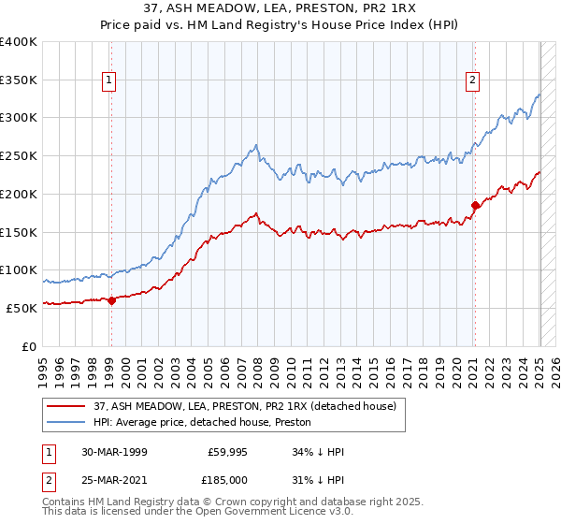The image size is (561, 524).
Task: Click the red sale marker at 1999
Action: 111,300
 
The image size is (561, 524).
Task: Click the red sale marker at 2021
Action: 475,205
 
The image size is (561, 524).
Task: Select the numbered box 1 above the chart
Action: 110,81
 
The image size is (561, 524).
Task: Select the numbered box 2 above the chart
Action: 474,81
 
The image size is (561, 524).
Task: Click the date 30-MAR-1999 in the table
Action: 114,451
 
